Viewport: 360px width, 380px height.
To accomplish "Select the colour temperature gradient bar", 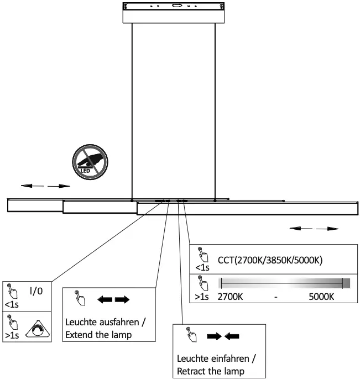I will pos(281,283).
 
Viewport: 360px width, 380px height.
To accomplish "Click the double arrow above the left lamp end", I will pos(45,187).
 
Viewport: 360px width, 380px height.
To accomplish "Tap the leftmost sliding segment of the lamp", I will pos(34,205).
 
